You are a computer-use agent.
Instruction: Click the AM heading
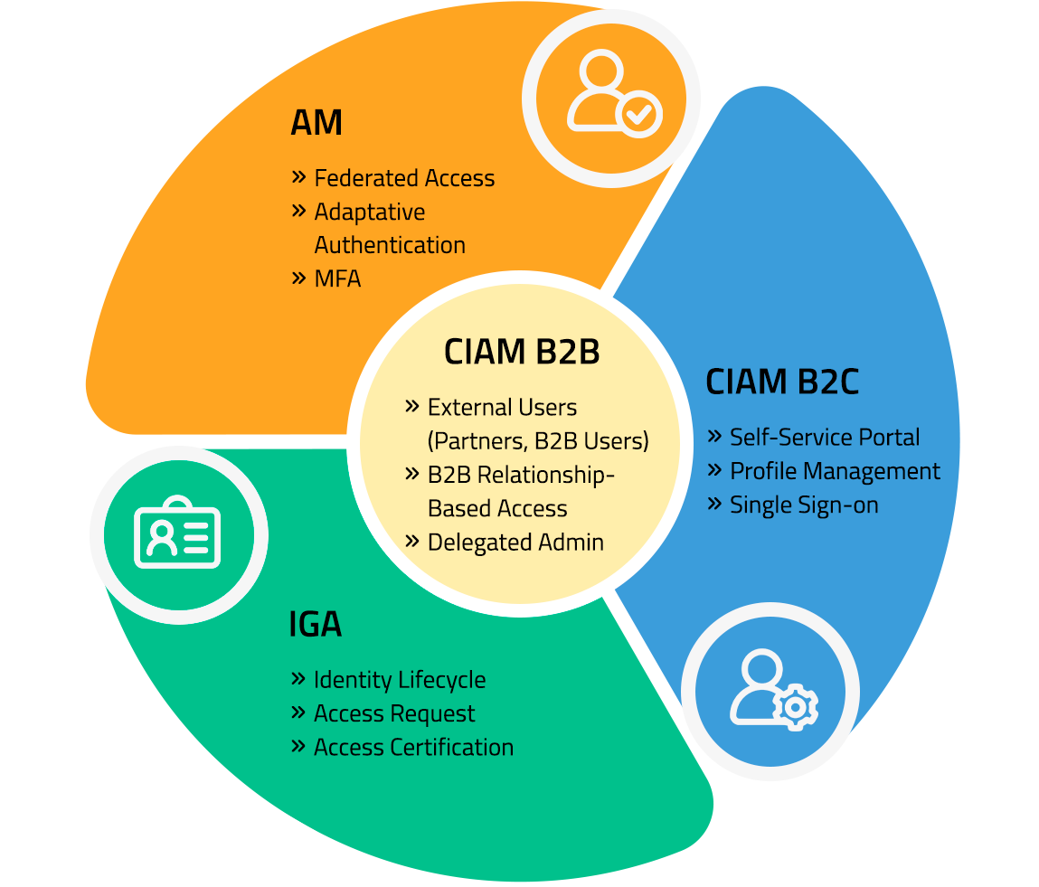click(x=316, y=123)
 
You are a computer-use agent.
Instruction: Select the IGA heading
click(x=315, y=625)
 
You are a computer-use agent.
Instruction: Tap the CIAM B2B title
click(x=522, y=353)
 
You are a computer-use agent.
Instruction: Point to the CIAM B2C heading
click(x=781, y=382)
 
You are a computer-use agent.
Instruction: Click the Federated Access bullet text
click(x=404, y=178)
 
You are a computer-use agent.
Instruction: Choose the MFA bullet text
click(x=337, y=278)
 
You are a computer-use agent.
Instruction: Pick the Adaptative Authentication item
click(x=389, y=228)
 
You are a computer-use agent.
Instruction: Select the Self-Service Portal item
click(x=824, y=438)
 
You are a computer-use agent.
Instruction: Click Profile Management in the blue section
click(x=835, y=471)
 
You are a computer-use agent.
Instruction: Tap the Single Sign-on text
click(x=804, y=505)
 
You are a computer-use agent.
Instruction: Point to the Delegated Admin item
click(x=515, y=543)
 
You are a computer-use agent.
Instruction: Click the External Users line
click(x=502, y=408)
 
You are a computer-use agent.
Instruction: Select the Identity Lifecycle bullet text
click(x=399, y=680)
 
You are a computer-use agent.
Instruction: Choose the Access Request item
click(x=394, y=713)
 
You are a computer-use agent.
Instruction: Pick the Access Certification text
click(x=413, y=748)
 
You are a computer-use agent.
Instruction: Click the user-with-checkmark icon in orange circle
click(x=612, y=94)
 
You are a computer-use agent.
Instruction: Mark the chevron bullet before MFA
click(x=299, y=278)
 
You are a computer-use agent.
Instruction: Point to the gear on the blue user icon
click(x=796, y=706)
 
